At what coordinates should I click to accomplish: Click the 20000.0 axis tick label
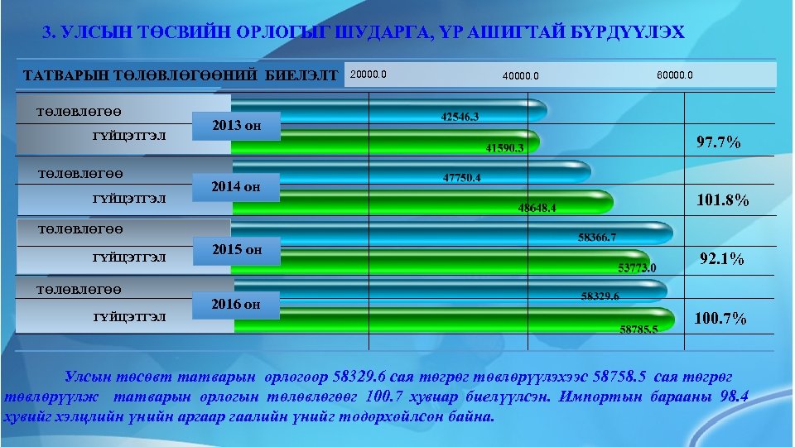click(369, 74)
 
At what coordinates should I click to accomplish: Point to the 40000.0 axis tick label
click(521, 77)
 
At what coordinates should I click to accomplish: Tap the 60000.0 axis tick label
click(675, 75)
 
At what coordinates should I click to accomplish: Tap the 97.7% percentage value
click(719, 143)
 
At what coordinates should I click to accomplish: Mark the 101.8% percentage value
click(723, 200)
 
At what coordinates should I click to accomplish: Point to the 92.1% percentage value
click(722, 259)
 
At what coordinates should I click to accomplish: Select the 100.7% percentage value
click(721, 319)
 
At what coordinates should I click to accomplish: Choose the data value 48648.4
click(537, 208)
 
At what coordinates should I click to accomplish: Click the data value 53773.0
click(637, 267)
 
